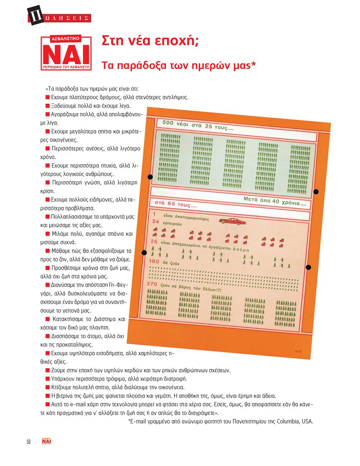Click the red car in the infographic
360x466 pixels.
coord(233,221)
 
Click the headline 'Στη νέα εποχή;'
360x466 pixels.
coord(150,41)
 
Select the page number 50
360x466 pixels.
coord(28,442)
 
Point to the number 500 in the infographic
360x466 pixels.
coord(168,123)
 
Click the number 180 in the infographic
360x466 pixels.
coord(154,261)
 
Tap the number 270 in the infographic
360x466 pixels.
coord(152,284)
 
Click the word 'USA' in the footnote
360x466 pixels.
coord(307,421)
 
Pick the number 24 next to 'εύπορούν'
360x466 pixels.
coord(155,221)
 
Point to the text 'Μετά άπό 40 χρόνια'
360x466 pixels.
coord(275,201)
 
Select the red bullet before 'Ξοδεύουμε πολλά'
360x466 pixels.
coord(48,106)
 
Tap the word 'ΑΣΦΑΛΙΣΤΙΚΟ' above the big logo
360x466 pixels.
coord(66,37)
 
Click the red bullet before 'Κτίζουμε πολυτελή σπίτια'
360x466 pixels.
coord(48,387)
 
